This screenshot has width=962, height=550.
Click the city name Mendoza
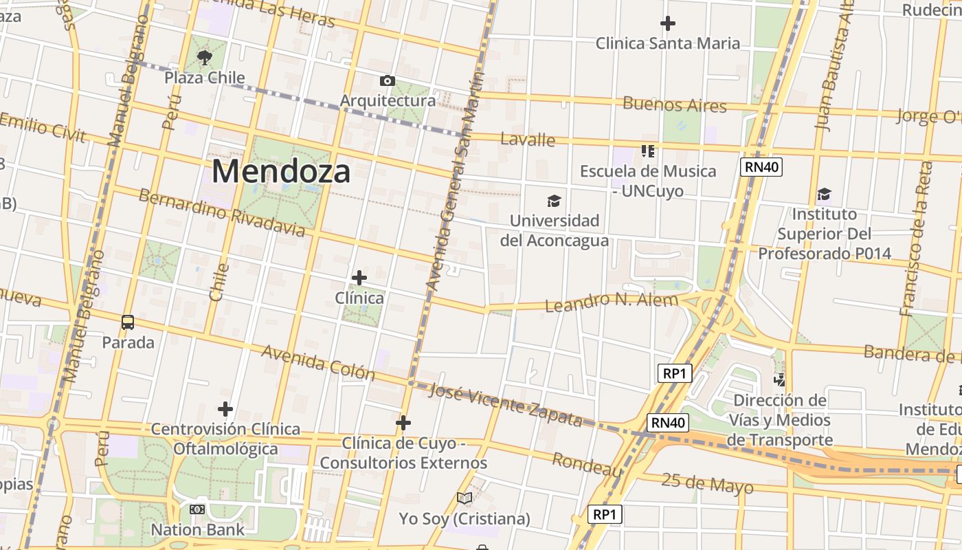[281, 171]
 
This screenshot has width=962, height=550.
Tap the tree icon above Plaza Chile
[204, 57]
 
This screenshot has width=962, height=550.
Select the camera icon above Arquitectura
[388, 81]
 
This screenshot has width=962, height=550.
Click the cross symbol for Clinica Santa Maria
[667, 23]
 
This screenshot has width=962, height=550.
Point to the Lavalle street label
[528, 139]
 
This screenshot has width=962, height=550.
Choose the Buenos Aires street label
[674, 104]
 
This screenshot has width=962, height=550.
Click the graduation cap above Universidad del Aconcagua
[554, 201]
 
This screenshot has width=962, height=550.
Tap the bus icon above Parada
[128, 322]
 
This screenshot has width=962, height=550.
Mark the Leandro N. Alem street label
[612, 301]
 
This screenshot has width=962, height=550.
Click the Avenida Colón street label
[318, 362]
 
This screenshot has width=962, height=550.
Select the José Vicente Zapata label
[505, 404]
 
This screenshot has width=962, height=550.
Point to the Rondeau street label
[588, 465]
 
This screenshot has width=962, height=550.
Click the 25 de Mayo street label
[707, 483]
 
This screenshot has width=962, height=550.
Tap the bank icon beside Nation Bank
[197, 509]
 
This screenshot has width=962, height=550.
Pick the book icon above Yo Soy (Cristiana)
[465, 498]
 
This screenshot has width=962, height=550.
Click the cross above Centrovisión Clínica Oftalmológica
[225, 409]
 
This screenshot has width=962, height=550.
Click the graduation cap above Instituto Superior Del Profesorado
[824, 195]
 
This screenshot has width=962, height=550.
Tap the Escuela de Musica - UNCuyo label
[648, 181]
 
